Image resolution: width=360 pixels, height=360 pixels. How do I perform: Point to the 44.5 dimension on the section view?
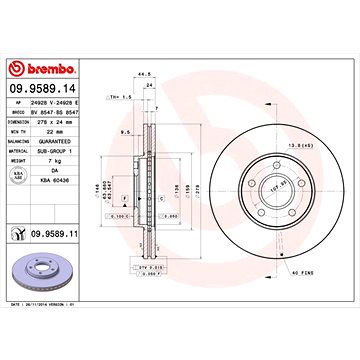pos(148,74)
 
